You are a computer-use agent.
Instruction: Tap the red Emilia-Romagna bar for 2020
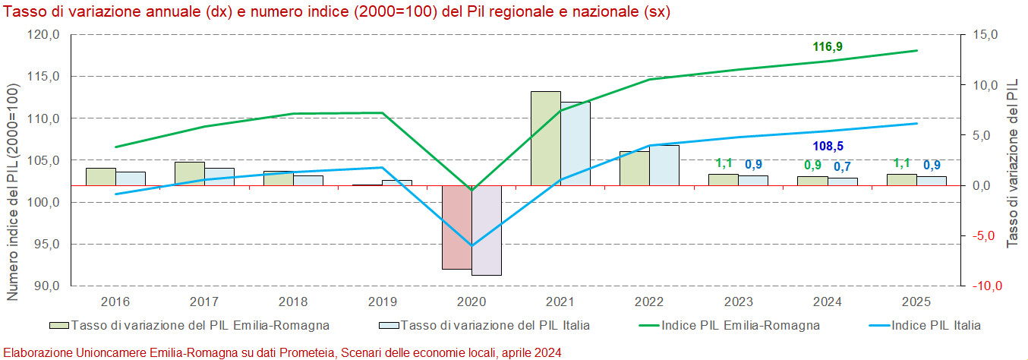click(456, 227)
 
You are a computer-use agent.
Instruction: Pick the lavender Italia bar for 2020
click(486, 230)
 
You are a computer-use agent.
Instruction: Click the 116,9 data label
click(828, 47)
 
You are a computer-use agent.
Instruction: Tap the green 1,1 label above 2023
click(724, 163)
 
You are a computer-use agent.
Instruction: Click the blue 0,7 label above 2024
click(842, 167)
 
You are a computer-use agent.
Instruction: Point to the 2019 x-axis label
click(383, 302)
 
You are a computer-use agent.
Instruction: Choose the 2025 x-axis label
click(916, 302)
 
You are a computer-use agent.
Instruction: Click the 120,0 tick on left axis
click(43, 35)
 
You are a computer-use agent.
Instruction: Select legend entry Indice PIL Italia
click(935, 326)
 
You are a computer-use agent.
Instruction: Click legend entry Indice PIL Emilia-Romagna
click(740, 326)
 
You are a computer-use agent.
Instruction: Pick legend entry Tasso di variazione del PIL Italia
click(494, 326)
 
